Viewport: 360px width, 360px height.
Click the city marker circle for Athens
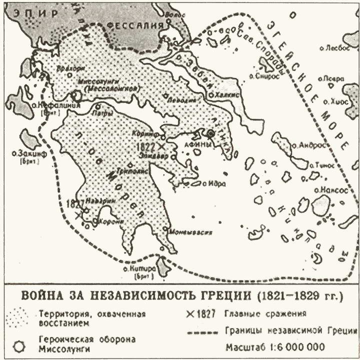pos(210,133)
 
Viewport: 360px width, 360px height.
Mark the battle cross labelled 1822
pos(161,146)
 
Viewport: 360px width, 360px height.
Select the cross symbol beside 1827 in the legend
pos(189,314)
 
